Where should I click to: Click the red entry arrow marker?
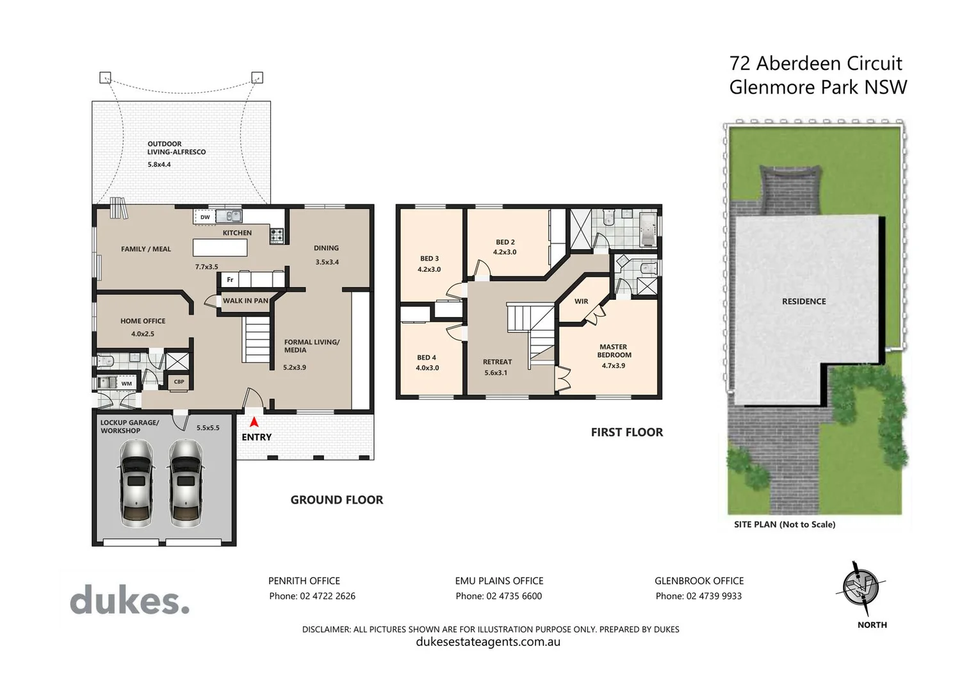[254, 422]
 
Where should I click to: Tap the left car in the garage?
[136, 482]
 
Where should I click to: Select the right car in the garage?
[186, 482]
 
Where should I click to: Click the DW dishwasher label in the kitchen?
[205, 217]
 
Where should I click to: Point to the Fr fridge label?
[230, 279]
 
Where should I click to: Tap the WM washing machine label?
[127, 383]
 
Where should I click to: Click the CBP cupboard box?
[179, 381]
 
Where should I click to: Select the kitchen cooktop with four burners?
[277, 235]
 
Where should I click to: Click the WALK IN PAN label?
[245, 301]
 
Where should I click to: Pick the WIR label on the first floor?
[581, 301]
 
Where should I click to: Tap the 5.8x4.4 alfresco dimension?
[159, 165]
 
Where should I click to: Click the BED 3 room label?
[428, 259]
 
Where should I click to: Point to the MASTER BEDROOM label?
[614, 351]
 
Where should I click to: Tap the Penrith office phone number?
[312, 596]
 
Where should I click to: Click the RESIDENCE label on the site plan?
[804, 301]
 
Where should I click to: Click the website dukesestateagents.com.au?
[488, 642]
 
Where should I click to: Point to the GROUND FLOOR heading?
[337, 500]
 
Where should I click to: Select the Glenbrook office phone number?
[699, 596]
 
